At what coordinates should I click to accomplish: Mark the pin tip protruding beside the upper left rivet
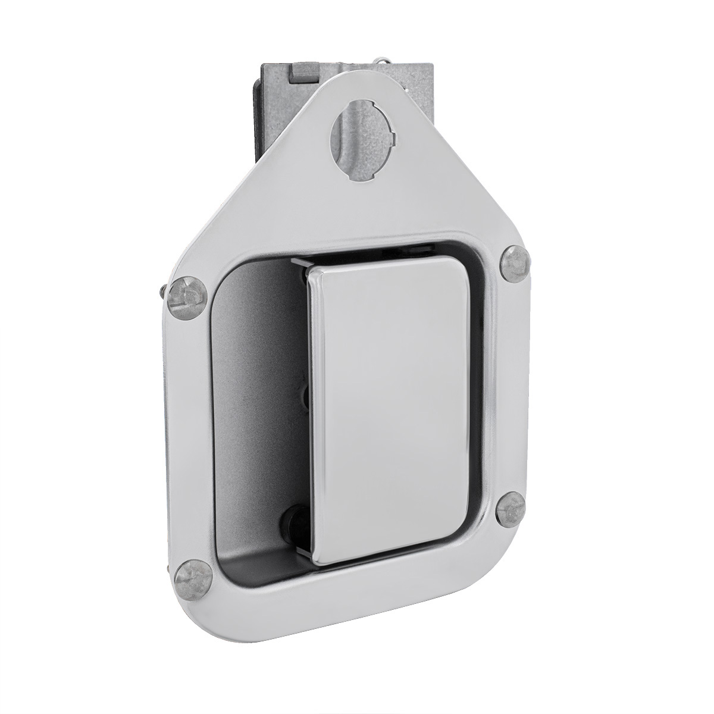[x=163, y=291]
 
